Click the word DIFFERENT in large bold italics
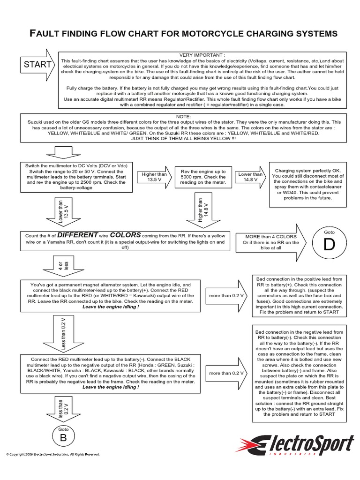coord(78,235)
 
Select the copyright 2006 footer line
coord(52,454)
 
